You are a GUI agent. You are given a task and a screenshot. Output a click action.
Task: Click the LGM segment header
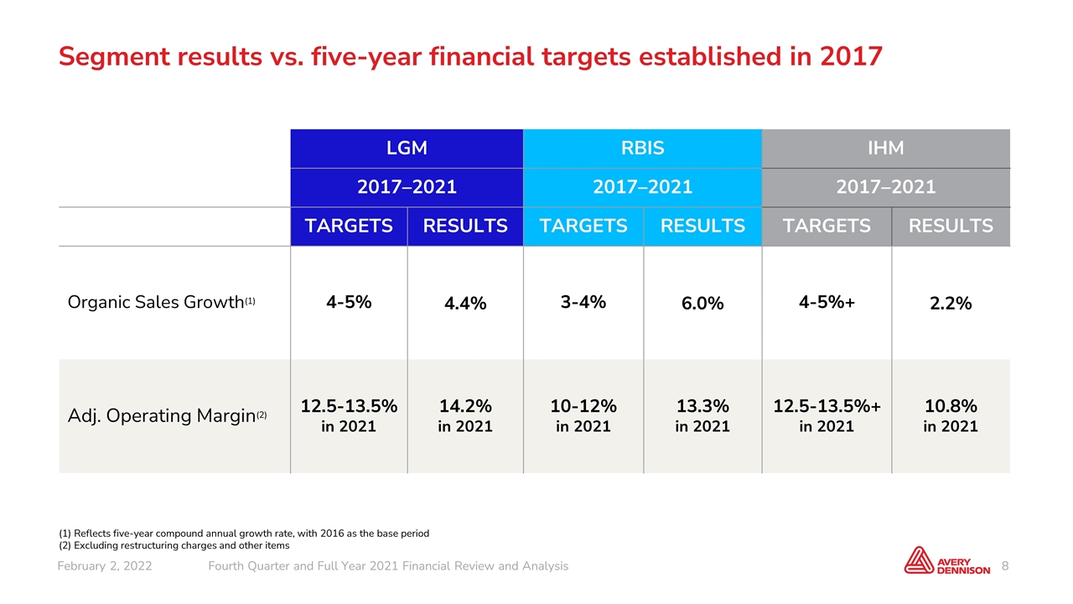click(x=407, y=148)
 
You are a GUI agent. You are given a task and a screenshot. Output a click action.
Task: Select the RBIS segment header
click(x=642, y=148)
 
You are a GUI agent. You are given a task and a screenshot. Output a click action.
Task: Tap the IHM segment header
click(x=886, y=148)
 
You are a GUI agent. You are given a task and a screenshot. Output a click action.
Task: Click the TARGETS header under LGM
click(x=349, y=226)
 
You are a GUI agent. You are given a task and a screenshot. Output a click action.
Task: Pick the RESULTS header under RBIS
click(x=702, y=226)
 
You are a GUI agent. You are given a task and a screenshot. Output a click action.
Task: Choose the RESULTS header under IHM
click(x=951, y=226)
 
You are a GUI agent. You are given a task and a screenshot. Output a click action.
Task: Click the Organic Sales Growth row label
click(x=161, y=303)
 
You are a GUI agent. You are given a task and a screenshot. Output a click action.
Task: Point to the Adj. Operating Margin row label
click(x=167, y=415)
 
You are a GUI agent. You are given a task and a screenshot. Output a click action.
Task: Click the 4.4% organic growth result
click(x=465, y=304)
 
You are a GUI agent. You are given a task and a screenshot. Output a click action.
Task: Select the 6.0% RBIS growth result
click(x=702, y=304)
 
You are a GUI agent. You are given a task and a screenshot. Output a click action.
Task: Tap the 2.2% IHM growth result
click(x=951, y=304)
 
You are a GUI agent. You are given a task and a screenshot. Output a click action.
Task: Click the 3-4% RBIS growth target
click(x=583, y=302)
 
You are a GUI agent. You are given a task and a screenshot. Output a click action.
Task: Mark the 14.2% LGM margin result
click(x=465, y=407)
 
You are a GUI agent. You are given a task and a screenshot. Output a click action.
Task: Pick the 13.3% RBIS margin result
click(x=702, y=407)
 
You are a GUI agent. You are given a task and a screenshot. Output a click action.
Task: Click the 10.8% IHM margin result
click(x=951, y=407)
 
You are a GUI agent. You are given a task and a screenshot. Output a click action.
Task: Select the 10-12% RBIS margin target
click(x=583, y=407)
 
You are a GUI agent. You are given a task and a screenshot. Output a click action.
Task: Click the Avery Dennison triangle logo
click(x=918, y=560)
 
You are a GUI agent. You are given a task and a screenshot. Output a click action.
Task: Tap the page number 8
click(x=1005, y=566)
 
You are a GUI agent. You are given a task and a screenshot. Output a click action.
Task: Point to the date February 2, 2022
click(x=105, y=566)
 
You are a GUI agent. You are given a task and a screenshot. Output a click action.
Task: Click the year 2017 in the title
click(x=851, y=56)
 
